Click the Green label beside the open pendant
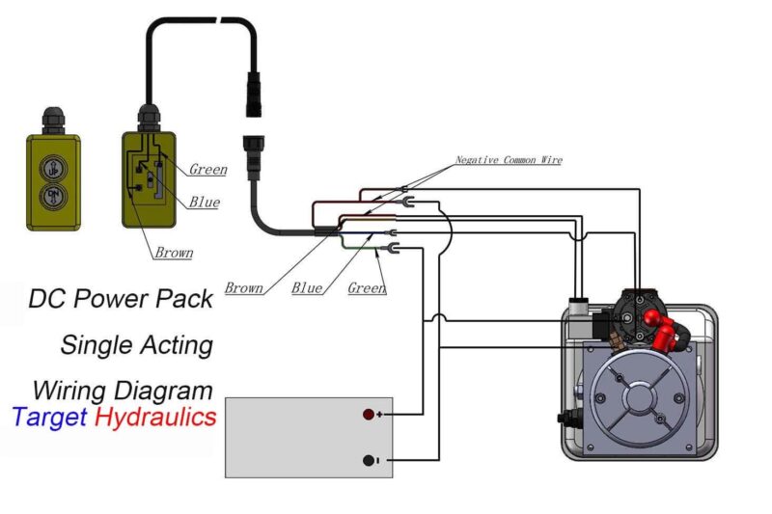pos(207,170)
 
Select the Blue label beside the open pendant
pos(204,203)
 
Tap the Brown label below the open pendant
pos(174,253)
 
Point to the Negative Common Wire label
pos(509,160)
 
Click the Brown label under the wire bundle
pos(244,287)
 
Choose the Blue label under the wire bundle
pos(307,287)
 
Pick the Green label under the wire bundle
pos(367,287)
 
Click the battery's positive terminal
pos(369,415)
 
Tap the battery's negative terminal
pos(369,461)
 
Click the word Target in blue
pos(49,418)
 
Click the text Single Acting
pos(136,344)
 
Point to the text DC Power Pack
pos(121,299)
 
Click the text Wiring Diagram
pos(123,391)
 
